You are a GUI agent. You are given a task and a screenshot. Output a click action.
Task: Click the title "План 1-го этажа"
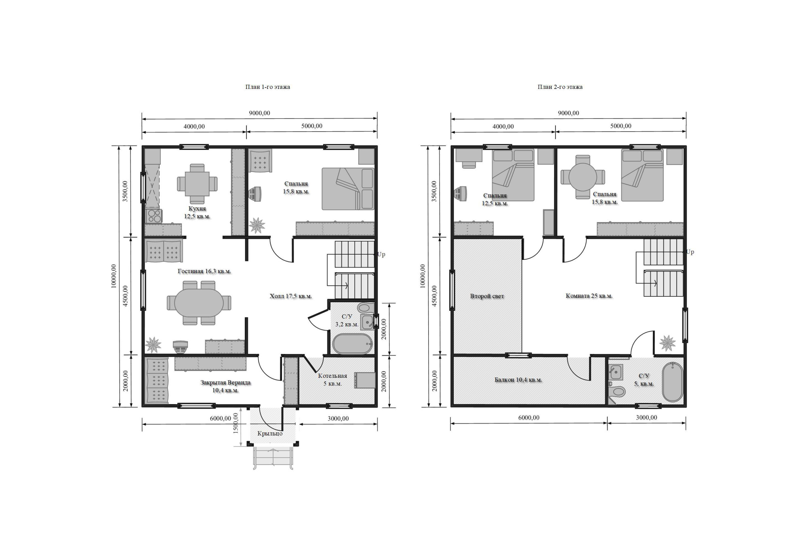[267, 87]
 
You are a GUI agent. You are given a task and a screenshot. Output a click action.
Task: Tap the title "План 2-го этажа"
[560, 87]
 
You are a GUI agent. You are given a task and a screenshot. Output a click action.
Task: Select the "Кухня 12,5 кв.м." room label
[197, 213]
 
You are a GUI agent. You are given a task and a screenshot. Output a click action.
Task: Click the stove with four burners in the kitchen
[154, 216]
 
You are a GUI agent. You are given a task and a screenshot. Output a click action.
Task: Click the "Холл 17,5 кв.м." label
[291, 296]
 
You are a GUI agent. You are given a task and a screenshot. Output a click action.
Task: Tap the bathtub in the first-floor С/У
[352, 344]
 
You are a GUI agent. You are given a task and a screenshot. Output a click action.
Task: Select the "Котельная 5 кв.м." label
[332, 380]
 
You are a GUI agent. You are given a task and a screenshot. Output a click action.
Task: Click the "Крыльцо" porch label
[270, 434]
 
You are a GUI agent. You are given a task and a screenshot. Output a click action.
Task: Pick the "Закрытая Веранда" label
[225, 383]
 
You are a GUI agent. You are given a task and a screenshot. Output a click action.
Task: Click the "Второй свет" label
[487, 296]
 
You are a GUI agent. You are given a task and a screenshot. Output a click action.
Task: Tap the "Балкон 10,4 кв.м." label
[518, 380]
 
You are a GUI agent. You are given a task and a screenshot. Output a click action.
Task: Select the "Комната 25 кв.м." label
[589, 296]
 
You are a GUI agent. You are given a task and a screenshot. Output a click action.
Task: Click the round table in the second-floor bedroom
[583, 177]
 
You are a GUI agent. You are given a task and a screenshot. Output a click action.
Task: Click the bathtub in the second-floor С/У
[673, 382]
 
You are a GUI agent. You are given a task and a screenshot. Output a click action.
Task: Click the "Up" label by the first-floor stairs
[381, 254]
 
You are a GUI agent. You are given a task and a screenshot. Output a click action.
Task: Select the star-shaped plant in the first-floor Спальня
[257, 225]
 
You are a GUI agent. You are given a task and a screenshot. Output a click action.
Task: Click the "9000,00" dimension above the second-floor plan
[568, 113]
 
